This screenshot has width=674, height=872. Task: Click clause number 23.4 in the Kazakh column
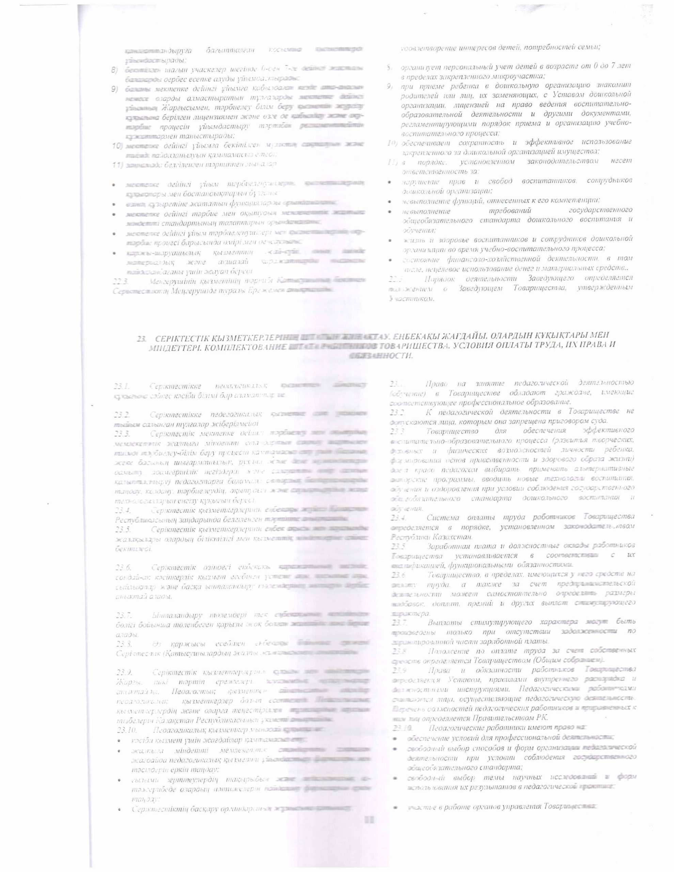121,510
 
